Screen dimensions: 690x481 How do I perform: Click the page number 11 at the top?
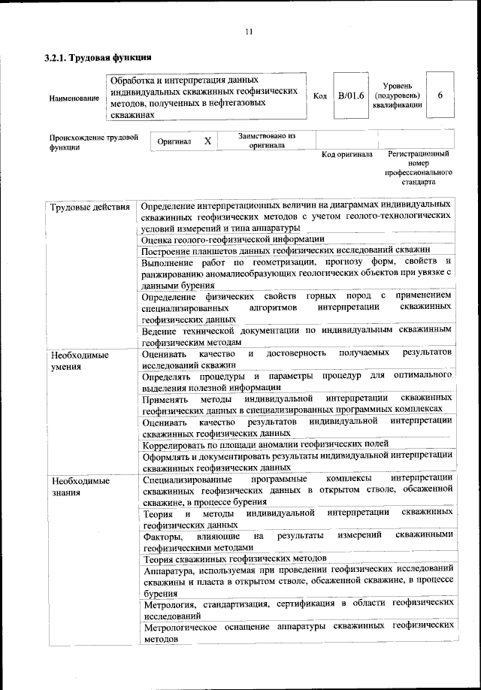[247, 31]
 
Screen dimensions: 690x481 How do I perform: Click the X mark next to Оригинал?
[207, 141]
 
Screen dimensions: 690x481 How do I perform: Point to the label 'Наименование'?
[74, 98]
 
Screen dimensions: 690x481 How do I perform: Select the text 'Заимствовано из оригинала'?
[266, 141]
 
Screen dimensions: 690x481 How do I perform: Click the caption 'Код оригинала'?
[346, 154]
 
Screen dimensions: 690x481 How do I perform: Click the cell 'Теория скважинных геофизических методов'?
[234, 558]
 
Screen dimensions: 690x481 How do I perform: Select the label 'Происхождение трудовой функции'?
[94, 143]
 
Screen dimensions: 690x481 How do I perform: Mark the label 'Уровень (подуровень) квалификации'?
[396, 96]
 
